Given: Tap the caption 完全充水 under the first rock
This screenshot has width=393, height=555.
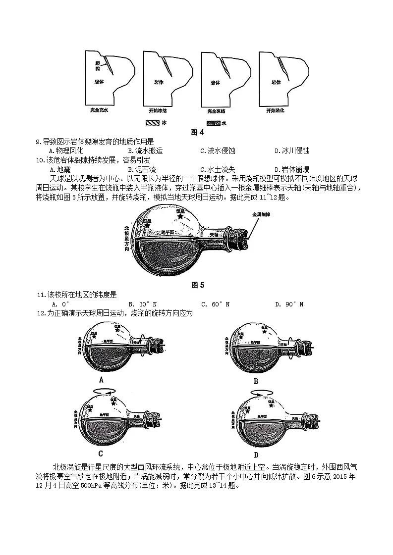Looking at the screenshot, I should (x=99, y=110).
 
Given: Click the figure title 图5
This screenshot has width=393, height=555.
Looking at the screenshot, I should (x=197, y=285).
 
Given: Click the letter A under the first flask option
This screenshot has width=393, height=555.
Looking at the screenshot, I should (x=101, y=380).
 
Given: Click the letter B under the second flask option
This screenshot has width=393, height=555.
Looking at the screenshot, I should (x=256, y=381).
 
